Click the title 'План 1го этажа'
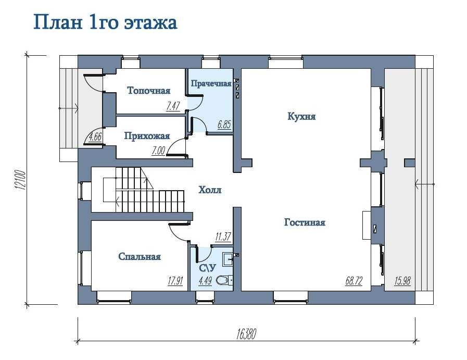(105, 22)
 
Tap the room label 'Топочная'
(148, 90)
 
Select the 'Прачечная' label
(211, 83)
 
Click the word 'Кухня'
(301, 116)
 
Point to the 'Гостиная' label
(305, 222)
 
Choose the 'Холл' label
(210, 190)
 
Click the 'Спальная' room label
(140, 257)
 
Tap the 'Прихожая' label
(147, 136)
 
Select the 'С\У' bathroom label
(207, 268)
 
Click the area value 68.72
(354, 280)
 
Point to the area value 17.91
(175, 280)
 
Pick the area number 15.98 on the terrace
(402, 280)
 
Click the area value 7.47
(173, 106)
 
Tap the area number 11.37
(223, 237)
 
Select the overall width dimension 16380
(246, 334)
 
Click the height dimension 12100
(19, 180)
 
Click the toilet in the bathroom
(223, 280)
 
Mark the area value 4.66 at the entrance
(96, 137)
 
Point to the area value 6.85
(224, 124)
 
